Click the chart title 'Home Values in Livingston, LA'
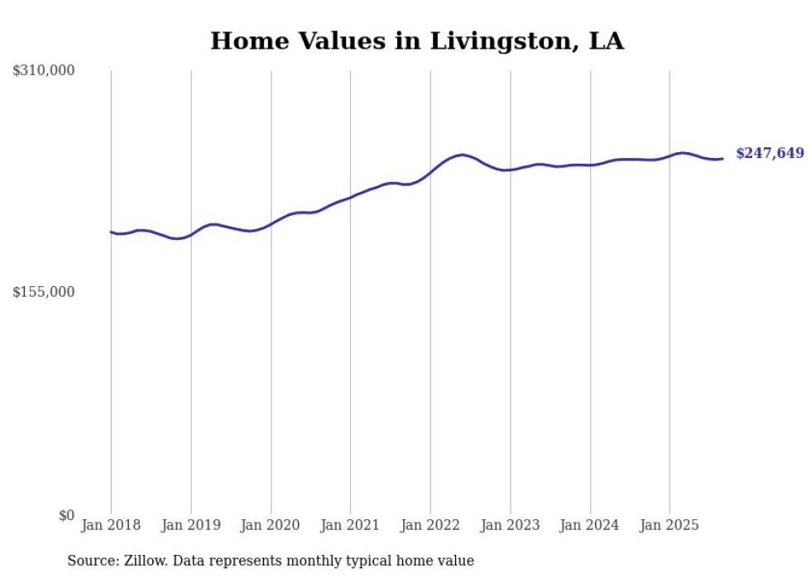tap(417, 41)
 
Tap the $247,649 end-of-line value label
tap(770, 153)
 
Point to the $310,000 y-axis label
tap(44, 71)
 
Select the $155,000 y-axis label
tap(44, 292)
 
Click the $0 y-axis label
tap(66, 515)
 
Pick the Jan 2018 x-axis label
tap(111, 525)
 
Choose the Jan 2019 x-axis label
tap(191, 525)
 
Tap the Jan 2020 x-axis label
tap(271, 525)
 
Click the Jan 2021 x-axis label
tap(350, 525)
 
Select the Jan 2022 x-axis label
tap(430, 525)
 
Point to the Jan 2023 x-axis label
tap(510, 525)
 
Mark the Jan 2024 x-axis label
tap(590, 525)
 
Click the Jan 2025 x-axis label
tap(669, 525)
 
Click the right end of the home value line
tap(722, 159)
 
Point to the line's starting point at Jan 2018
tap(111, 232)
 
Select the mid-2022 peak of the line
tap(463, 155)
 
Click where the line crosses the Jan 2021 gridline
tap(350, 198)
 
